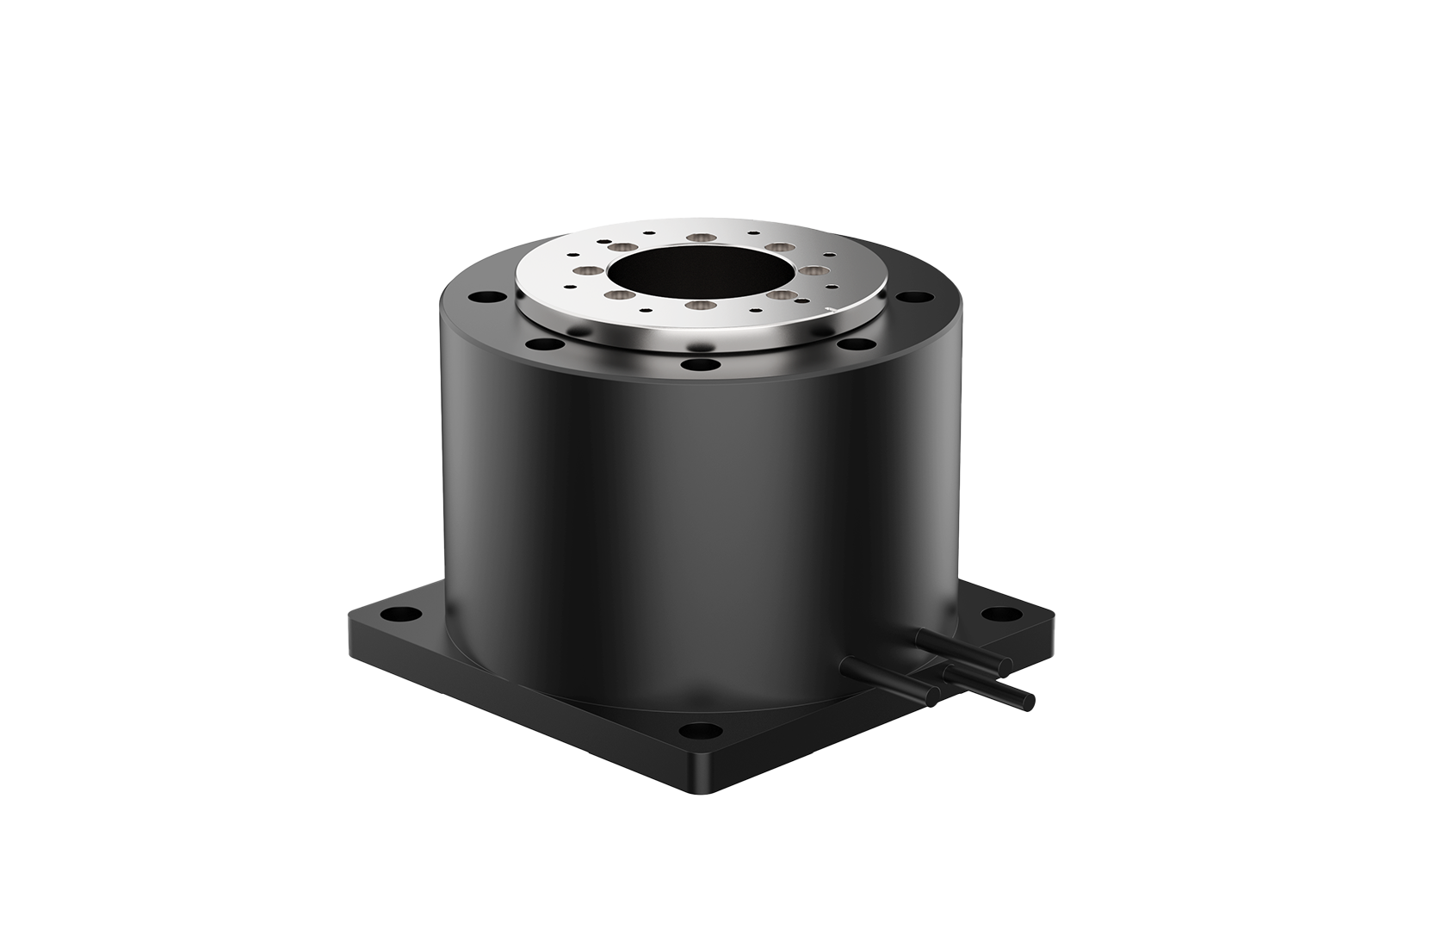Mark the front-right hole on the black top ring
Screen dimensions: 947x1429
(856, 344)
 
